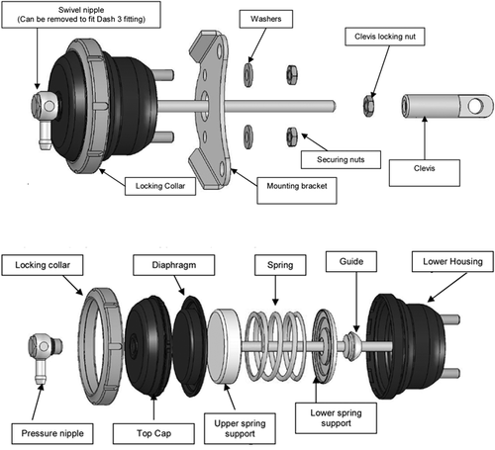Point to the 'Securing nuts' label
click(342, 158)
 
